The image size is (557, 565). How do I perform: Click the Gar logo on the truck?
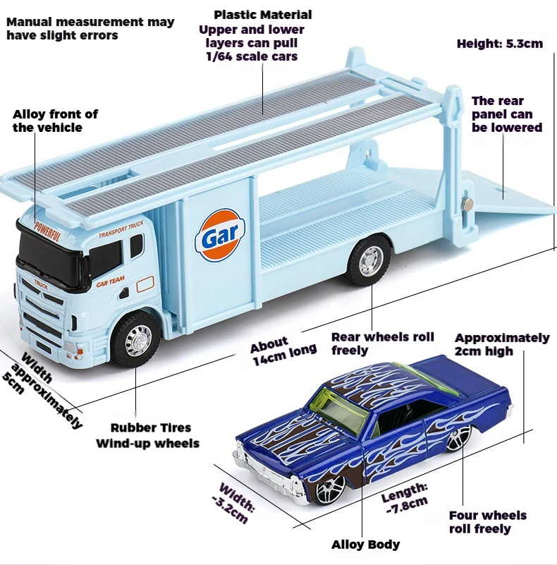[221, 238]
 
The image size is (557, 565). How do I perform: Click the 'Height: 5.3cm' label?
[499, 44]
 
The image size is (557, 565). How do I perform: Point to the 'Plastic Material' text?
[262, 15]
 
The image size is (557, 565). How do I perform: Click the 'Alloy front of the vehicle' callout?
[55, 121]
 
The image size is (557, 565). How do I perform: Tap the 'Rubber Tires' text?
[150, 427]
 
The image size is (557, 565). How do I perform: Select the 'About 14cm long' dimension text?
[283, 351]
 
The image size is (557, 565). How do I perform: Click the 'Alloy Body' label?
[365, 544]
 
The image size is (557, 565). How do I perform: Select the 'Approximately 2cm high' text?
[501, 344]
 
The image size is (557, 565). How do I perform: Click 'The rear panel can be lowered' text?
[506, 114]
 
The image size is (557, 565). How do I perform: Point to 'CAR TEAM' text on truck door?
[111, 280]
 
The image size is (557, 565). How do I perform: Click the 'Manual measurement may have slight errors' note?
[90, 28]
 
